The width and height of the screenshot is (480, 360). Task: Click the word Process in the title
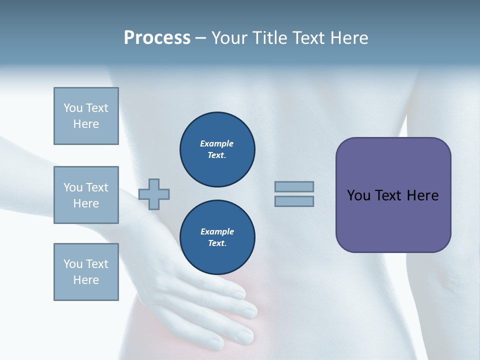[x=157, y=38]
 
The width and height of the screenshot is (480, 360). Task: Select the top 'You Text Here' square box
[x=86, y=116]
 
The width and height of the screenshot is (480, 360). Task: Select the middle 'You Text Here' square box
[x=86, y=195]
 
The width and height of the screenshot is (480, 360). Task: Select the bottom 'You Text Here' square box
[x=86, y=272]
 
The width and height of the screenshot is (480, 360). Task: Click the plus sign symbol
[x=154, y=194]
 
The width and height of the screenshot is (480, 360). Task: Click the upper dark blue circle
[x=217, y=149]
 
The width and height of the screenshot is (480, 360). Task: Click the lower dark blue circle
[x=217, y=237]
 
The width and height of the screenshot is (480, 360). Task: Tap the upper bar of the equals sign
[x=294, y=187]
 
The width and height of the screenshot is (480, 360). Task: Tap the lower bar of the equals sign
[x=294, y=201]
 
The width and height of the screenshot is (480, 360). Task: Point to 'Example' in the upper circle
[x=216, y=144]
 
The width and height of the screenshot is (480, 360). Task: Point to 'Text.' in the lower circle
[x=217, y=243]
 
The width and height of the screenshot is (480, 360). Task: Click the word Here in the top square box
[x=86, y=124]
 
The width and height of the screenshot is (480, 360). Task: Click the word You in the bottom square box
[x=73, y=264]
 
